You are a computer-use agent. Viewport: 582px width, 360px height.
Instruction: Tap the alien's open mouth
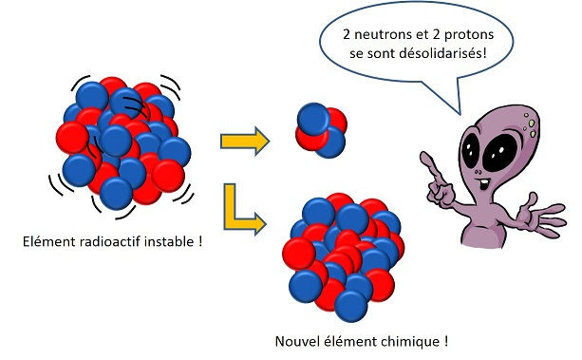pos(486,183)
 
